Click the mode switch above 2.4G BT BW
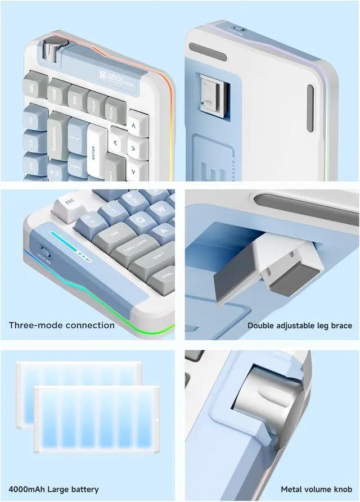[x=43, y=250]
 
